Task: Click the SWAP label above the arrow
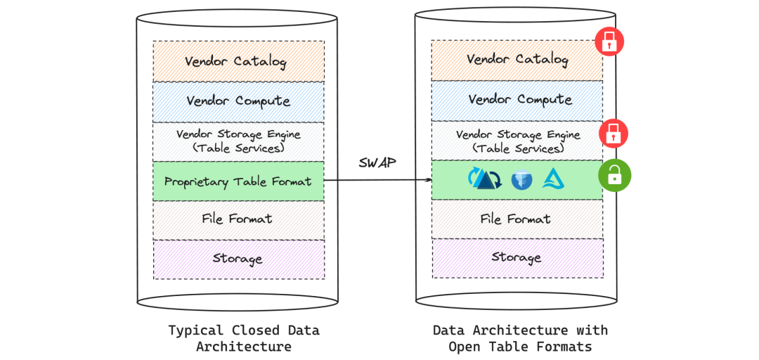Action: (x=377, y=162)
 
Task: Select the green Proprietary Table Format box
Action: (x=238, y=181)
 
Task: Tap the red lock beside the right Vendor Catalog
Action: (x=609, y=41)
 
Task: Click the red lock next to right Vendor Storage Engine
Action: (x=613, y=133)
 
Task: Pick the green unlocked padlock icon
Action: (x=614, y=175)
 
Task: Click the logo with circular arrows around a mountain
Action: (x=484, y=179)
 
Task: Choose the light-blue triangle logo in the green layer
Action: (x=554, y=179)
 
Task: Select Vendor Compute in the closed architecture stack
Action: (x=238, y=101)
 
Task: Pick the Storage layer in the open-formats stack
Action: (x=517, y=257)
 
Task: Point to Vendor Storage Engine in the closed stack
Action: (x=238, y=140)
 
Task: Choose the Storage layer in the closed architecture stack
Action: (x=238, y=259)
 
